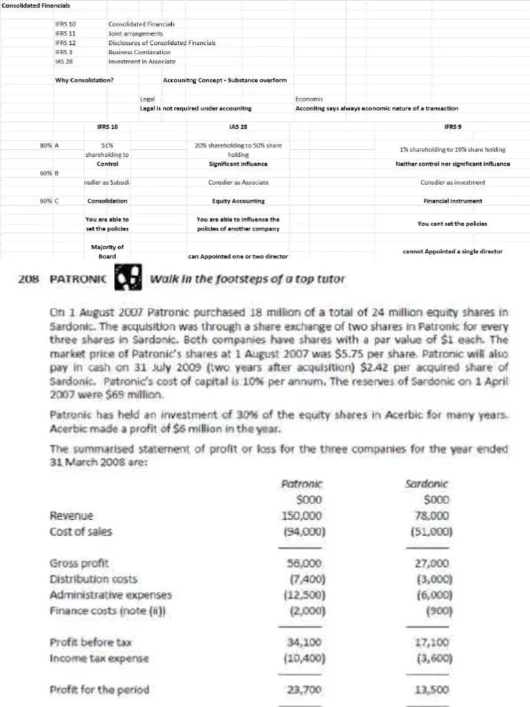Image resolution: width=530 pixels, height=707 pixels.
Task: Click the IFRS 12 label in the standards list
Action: click(65, 43)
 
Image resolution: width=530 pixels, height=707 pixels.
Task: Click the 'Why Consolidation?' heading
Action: click(85, 80)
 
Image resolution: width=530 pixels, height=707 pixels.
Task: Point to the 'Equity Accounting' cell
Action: click(238, 201)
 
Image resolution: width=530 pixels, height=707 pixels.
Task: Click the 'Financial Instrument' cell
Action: click(453, 201)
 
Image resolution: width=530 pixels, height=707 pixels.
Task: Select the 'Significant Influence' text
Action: click(238, 164)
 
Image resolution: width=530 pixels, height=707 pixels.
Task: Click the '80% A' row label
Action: click(49, 145)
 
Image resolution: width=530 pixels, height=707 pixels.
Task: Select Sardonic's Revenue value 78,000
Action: click(436, 516)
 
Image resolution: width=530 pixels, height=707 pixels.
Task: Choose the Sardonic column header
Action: click(435, 485)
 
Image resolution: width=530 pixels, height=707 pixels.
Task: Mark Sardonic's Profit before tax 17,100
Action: click(436, 642)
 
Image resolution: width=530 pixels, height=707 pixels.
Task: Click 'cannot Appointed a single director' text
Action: click(453, 251)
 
